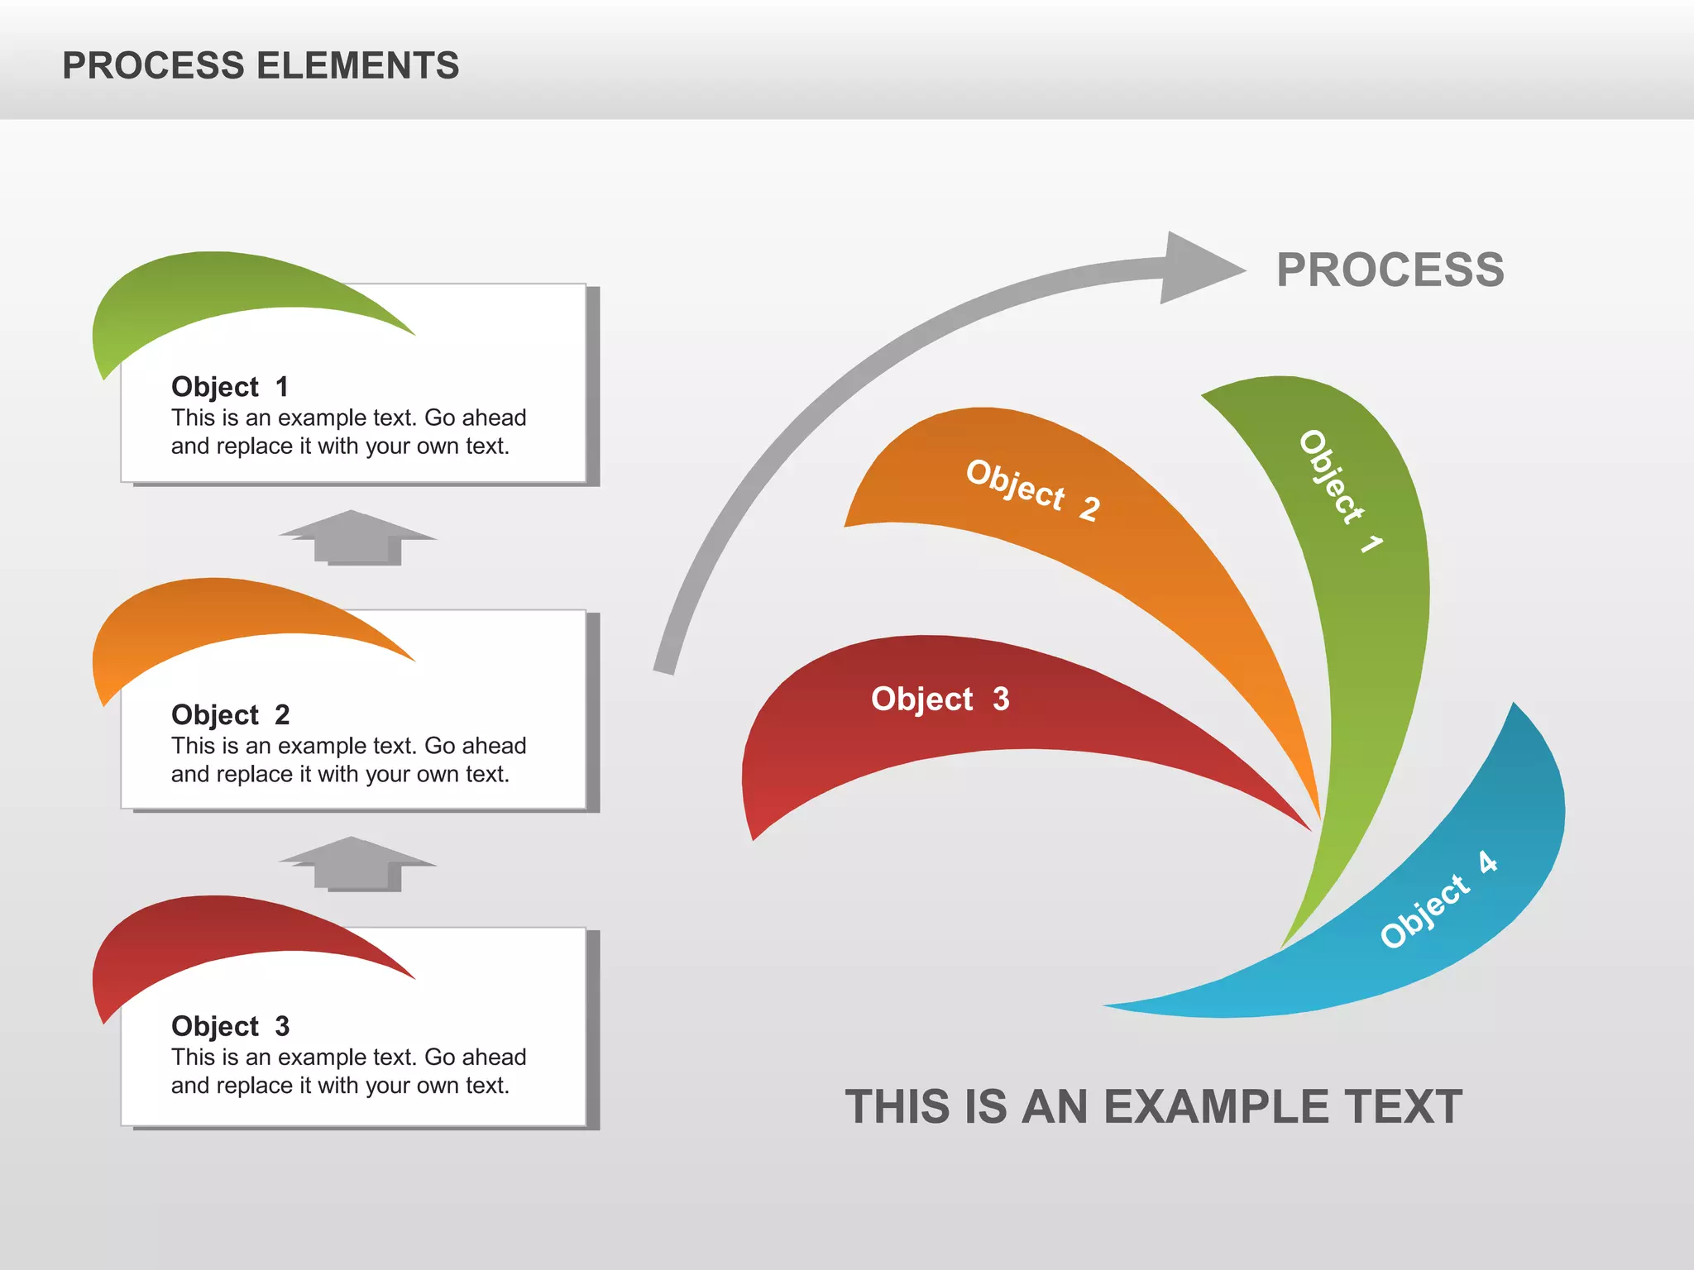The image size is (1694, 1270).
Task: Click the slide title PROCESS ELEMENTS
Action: click(261, 65)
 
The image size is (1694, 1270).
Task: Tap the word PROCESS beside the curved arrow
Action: click(1390, 270)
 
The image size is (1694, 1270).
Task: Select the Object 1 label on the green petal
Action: click(1338, 490)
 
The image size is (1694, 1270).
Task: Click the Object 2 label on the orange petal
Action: click(1032, 489)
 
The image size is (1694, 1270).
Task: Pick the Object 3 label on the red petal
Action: click(940, 699)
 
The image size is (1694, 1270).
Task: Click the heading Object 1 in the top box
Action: click(229, 386)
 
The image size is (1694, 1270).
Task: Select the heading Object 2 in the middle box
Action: click(229, 714)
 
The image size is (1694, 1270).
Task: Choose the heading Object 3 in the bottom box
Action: click(229, 1026)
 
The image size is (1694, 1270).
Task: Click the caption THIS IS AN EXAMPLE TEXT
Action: click(1153, 1106)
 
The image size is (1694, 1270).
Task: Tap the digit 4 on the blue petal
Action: click(1487, 862)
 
